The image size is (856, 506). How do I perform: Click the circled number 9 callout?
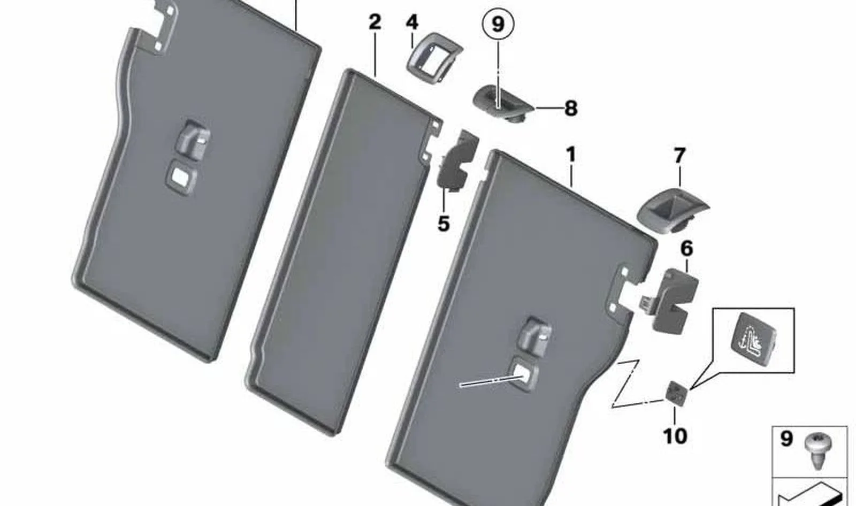click(x=498, y=25)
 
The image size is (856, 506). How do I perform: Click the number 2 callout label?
click(x=375, y=22)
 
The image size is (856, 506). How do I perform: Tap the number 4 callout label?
click(x=411, y=22)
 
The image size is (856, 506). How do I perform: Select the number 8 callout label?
click(x=570, y=108)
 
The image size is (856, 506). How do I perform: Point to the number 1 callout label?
click(x=570, y=155)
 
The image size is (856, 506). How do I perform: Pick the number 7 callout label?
click(x=679, y=156)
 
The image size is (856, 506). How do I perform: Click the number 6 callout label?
click(x=687, y=249)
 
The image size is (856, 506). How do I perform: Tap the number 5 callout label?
click(x=444, y=224)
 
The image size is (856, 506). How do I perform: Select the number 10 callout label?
click(x=675, y=436)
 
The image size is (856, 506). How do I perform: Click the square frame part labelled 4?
click(x=434, y=58)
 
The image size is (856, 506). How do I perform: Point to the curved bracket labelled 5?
click(x=457, y=162)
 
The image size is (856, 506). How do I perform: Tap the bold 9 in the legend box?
click(x=786, y=439)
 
